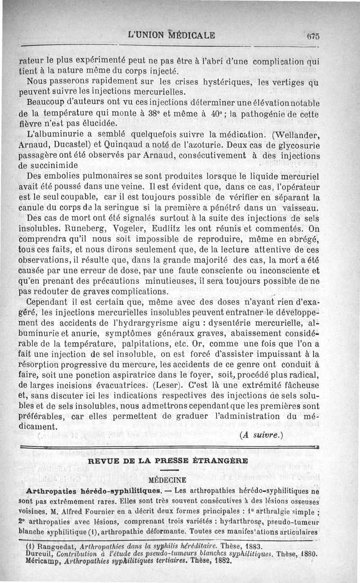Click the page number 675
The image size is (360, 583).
[x=311, y=36]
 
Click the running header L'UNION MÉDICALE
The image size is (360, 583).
[x=171, y=35]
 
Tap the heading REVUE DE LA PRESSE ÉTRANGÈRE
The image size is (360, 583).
[x=168, y=461]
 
